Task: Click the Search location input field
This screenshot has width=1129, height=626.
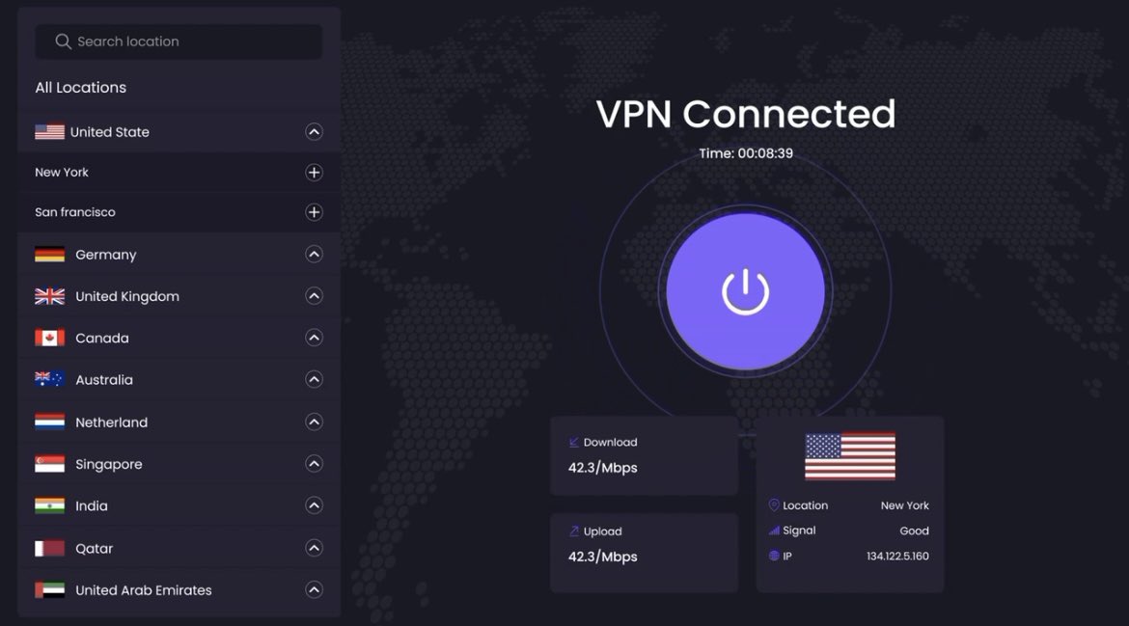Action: point(179,41)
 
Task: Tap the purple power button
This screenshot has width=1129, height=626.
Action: point(745,291)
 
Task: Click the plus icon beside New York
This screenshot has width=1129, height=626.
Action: point(314,173)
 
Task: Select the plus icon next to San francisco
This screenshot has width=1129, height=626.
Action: point(314,212)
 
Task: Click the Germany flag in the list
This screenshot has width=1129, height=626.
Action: point(50,255)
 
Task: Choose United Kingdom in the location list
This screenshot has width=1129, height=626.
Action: point(127,296)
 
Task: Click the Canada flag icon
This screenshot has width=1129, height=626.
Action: point(50,339)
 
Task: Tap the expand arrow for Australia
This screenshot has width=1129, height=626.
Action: point(314,380)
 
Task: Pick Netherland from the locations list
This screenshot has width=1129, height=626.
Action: point(112,422)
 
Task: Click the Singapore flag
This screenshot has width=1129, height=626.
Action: point(50,464)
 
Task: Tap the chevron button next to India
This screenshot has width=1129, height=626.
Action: point(314,505)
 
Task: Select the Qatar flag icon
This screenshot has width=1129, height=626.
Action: point(50,548)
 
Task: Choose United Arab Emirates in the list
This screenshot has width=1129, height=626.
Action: point(144,590)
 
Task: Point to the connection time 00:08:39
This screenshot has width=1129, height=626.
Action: point(746,153)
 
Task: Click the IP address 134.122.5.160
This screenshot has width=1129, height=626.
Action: point(897,557)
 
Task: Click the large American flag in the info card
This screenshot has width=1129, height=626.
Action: point(850,455)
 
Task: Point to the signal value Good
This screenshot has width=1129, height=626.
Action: point(914,531)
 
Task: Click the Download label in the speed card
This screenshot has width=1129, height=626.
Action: point(610,443)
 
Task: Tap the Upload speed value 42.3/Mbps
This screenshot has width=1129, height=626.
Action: point(602,557)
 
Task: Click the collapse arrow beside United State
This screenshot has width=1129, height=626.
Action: point(314,132)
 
